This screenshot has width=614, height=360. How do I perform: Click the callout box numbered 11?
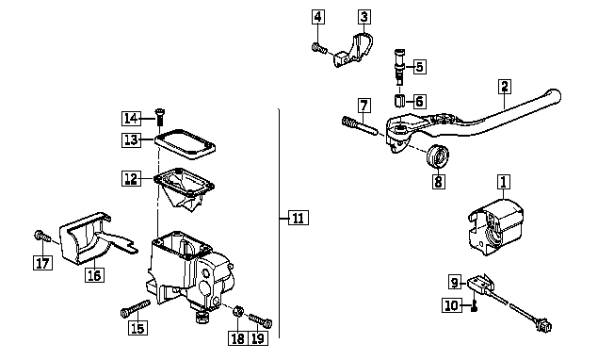[x=298, y=218]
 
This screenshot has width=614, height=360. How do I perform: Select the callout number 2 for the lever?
[x=505, y=87]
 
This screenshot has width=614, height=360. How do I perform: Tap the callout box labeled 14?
[x=131, y=118]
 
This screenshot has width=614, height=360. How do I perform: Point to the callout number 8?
[x=438, y=181]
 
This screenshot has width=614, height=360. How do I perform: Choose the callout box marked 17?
[x=42, y=263]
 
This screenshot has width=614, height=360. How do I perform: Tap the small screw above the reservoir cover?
[x=160, y=117]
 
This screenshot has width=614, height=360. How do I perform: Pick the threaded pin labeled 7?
[x=360, y=125]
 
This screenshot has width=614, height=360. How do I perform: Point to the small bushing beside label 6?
[x=398, y=100]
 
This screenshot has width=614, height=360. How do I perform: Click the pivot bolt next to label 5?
[x=399, y=67]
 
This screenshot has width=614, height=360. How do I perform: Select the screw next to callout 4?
[x=319, y=49]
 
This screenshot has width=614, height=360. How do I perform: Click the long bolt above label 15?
[x=136, y=308]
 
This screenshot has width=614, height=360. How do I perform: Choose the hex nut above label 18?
[x=237, y=311]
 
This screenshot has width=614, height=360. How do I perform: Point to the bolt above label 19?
[x=261, y=320]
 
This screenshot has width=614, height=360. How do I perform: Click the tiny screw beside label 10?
[x=474, y=306]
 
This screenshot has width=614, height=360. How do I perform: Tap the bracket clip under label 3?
[x=354, y=52]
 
